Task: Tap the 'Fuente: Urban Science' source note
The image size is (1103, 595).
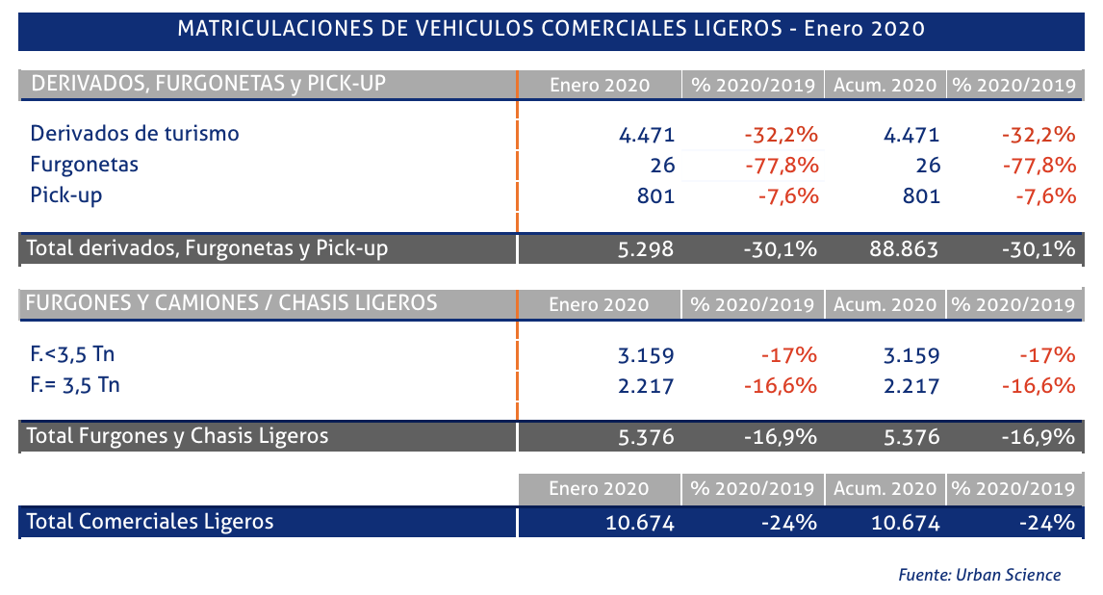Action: (x=979, y=575)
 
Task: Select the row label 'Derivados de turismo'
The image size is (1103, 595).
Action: (x=134, y=134)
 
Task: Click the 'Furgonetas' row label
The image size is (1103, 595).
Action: (x=84, y=165)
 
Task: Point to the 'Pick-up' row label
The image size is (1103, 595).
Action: (x=65, y=195)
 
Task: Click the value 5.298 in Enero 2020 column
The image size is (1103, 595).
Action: (x=646, y=249)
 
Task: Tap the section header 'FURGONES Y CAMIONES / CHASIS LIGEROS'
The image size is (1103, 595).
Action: (x=231, y=303)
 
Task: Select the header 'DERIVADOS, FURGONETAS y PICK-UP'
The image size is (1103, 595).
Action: (x=209, y=84)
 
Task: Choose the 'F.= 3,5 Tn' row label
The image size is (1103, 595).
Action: (x=75, y=386)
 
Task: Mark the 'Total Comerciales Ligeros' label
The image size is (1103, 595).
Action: (x=150, y=522)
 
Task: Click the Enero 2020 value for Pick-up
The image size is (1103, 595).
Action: (x=655, y=196)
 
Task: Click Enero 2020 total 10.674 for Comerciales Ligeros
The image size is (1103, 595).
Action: (x=640, y=523)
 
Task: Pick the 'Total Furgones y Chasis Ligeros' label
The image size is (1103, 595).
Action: (x=177, y=436)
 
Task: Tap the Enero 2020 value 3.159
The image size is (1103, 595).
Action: (x=646, y=355)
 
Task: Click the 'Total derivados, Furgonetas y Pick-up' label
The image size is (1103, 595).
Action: (x=207, y=249)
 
